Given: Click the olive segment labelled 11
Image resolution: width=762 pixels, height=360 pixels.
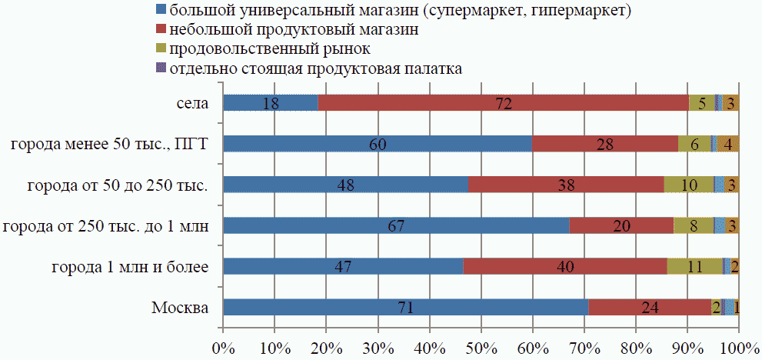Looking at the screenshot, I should click(694, 266).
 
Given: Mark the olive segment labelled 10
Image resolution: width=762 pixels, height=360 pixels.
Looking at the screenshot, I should click(688, 185).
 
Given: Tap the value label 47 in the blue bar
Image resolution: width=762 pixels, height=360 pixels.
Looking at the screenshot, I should click(343, 267).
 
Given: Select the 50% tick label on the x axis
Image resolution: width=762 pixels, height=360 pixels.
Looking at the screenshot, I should click(481, 347).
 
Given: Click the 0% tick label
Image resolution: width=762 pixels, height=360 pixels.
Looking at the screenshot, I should click(222, 347).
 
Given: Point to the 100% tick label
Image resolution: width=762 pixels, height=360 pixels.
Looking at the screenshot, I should click(738, 347).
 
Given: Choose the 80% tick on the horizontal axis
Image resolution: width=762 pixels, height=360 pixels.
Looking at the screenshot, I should click(636, 347).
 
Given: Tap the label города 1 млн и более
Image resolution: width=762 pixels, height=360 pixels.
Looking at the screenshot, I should click(137, 267).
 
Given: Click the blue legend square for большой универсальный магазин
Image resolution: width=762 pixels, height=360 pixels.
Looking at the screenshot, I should click(160, 11).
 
